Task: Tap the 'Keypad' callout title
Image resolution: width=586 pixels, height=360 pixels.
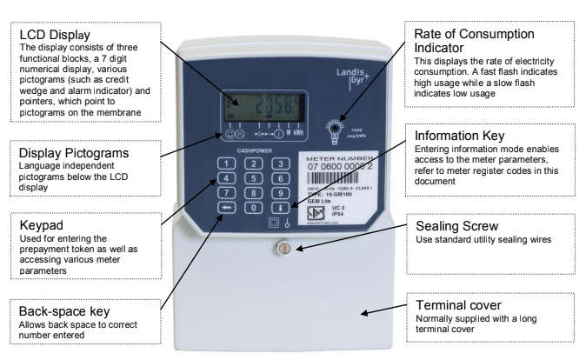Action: (x=42, y=224)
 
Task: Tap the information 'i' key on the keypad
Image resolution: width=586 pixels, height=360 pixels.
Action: (x=280, y=208)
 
